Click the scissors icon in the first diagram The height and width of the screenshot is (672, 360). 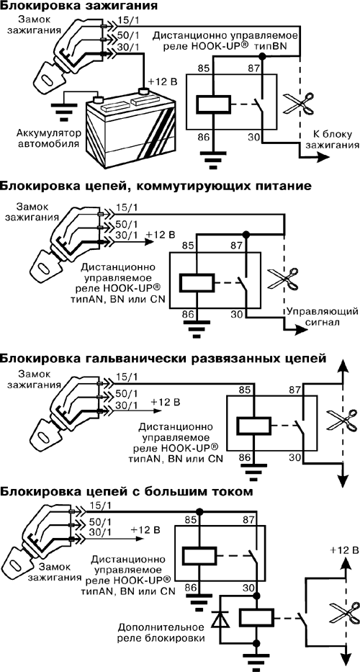[x=296, y=104]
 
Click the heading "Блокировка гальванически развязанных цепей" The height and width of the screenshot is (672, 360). [x=163, y=358]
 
